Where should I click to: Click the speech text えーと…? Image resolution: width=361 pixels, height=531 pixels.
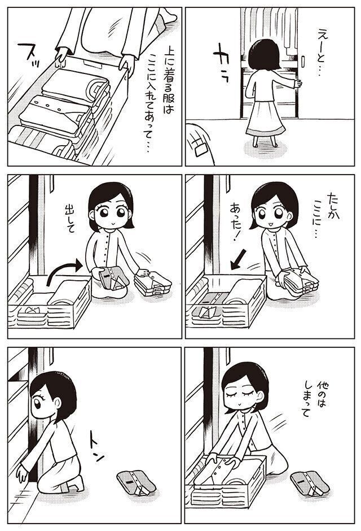coord(323,51)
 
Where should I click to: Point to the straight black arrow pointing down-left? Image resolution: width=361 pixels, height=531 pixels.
coord(239,259)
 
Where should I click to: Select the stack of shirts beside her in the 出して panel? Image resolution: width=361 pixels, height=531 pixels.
coord(153,284)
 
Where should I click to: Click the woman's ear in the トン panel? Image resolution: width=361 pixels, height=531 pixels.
coord(57,402)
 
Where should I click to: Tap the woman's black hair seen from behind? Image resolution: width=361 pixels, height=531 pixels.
coord(264,54)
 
